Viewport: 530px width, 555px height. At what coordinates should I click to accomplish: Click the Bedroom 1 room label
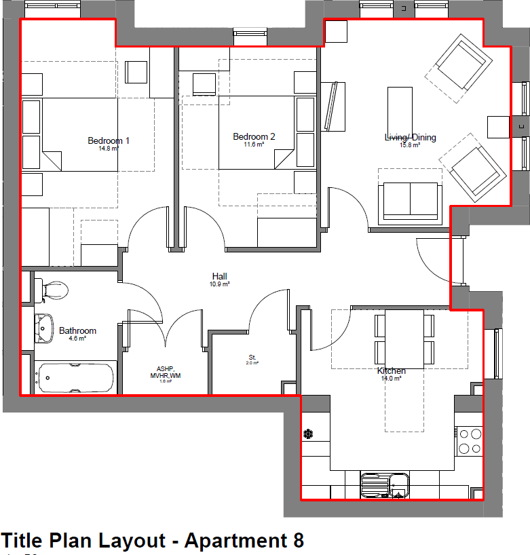click(x=109, y=140)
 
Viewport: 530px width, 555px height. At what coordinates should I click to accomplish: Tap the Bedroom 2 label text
click(x=254, y=136)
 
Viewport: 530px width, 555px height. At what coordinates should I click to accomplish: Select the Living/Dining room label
click(x=410, y=138)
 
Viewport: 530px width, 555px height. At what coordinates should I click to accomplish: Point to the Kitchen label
click(x=391, y=371)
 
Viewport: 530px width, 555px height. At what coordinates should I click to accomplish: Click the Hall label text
click(x=219, y=276)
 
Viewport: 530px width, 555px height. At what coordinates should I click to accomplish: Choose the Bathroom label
click(x=77, y=330)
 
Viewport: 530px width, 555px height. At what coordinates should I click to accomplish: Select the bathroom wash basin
click(x=45, y=328)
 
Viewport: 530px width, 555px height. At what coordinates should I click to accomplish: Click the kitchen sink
click(x=384, y=484)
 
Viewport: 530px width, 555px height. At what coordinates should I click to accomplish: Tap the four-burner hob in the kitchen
click(x=468, y=440)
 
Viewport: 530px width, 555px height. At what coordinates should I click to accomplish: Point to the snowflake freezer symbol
click(x=308, y=433)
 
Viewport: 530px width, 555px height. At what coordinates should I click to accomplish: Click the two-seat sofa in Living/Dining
click(x=410, y=202)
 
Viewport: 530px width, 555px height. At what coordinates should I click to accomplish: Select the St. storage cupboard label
click(x=252, y=357)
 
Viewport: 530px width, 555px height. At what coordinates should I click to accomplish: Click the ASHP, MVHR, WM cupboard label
click(x=165, y=375)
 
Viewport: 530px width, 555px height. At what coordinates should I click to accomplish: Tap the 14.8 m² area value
click(x=109, y=149)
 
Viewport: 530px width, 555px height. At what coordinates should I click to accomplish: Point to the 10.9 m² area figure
click(x=219, y=285)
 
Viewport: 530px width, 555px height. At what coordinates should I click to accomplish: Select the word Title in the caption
click(x=23, y=541)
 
